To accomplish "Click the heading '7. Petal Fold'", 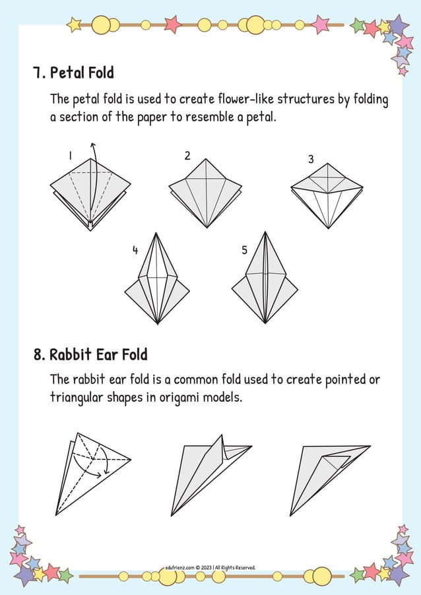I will pos(73,73).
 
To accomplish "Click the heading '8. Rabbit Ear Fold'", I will pos(90,355).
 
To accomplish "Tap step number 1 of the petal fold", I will pos(70,156).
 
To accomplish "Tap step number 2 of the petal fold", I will pos(187,156).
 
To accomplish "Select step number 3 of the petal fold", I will pos(311,160).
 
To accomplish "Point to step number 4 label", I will pos(135,250).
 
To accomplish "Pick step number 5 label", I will pos(244,250).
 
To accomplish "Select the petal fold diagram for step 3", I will pos(327,194).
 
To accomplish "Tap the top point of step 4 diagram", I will pos(156,234).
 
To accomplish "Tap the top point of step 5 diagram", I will pos(265,233).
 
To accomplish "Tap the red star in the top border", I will pos(172,24).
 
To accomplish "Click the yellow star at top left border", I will pos(75,25).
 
